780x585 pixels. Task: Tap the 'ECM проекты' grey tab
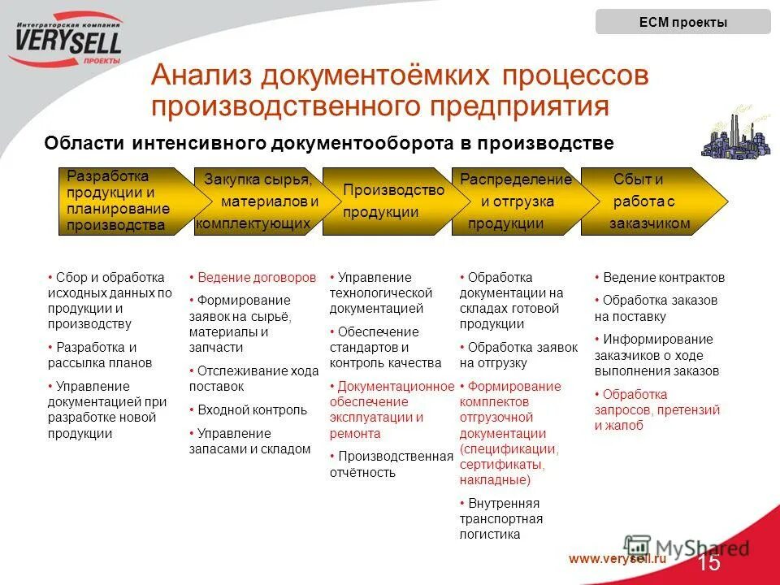(x=682, y=22)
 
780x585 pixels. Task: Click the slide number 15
(x=708, y=562)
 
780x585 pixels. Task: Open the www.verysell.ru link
(x=617, y=558)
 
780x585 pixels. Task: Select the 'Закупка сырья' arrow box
(x=258, y=201)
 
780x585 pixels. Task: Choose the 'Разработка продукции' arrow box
(x=122, y=201)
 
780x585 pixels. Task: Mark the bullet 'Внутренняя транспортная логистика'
(x=500, y=518)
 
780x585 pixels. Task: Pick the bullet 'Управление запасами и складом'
(x=249, y=440)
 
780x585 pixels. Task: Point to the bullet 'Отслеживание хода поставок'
(x=253, y=379)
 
